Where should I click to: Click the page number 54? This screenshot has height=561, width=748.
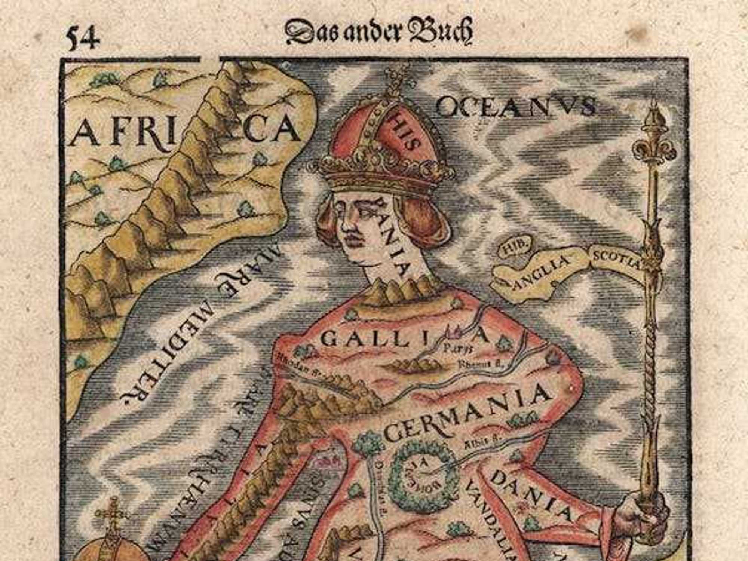click(83, 37)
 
